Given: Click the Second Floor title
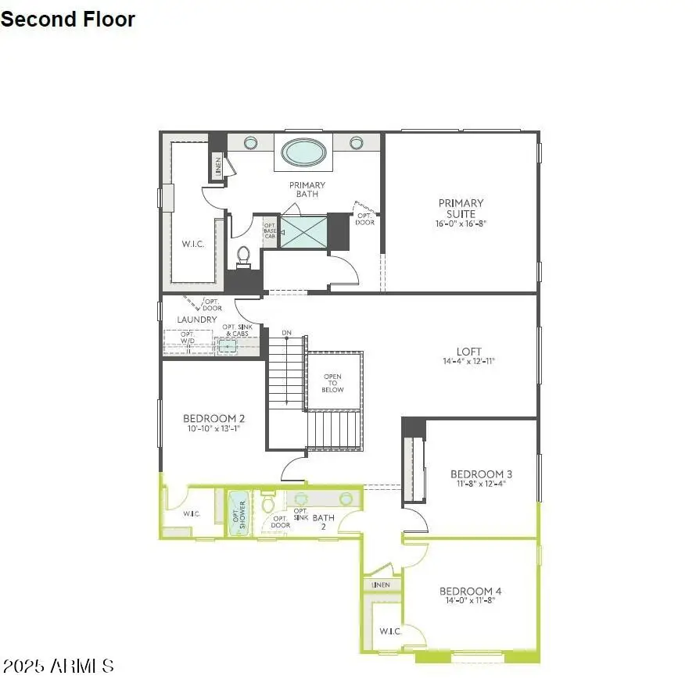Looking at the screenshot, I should click(68, 20).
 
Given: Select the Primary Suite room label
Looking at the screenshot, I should click(461, 209).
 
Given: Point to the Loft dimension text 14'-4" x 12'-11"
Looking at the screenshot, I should click(469, 362).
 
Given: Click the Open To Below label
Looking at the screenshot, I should click(333, 383).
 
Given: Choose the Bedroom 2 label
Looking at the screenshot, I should click(213, 418).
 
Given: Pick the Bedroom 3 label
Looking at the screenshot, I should click(481, 474).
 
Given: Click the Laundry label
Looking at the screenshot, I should click(197, 320).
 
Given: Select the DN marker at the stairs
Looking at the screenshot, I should click(287, 334).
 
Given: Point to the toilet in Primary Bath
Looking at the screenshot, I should click(243, 256).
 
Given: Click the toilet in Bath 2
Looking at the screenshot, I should click(268, 500).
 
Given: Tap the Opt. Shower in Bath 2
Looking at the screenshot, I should click(238, 513).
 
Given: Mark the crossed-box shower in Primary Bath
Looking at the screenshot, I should click(303, 232).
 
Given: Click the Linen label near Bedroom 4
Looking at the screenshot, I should click(381, 584).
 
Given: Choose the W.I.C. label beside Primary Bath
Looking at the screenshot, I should click(193, 244).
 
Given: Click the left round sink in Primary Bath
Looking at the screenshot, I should click(250, 143).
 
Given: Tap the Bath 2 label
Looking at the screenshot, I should click(324, 521).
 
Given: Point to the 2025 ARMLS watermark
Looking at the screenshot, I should click(59, 667).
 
